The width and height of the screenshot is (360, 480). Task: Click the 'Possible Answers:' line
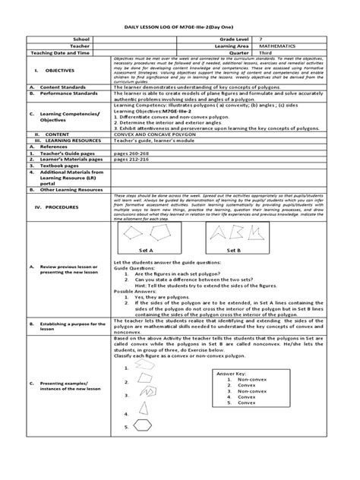(x=134, y=290)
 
